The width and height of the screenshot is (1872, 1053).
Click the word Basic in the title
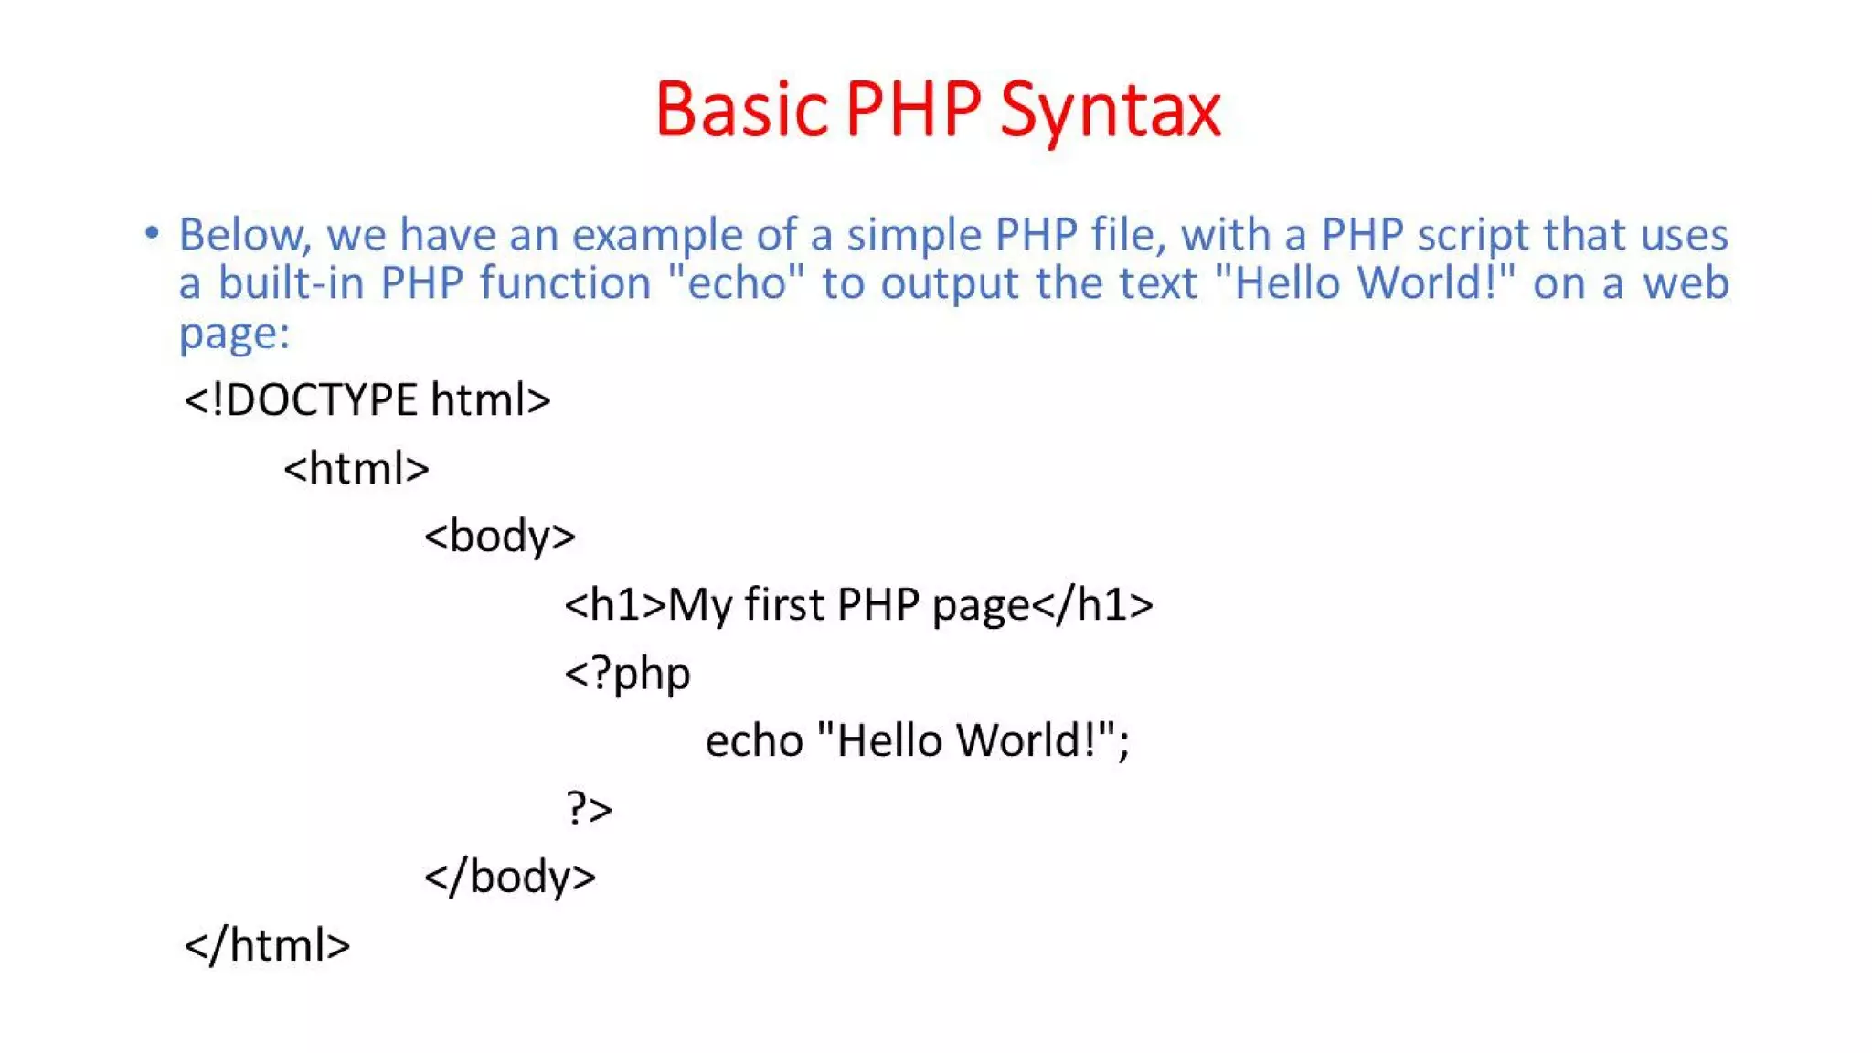740,110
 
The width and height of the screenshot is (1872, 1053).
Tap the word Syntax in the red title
1110,112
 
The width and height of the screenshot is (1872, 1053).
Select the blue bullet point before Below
152,233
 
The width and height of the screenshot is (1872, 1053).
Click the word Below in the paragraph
243,235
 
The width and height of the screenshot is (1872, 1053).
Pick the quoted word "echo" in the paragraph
737,282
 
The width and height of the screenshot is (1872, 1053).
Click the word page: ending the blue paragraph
234,334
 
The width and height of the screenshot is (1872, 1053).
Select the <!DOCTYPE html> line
367,400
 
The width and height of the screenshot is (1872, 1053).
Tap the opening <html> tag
356,469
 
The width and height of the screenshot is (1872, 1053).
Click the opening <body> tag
499,537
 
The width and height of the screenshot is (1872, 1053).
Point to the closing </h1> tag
1092,605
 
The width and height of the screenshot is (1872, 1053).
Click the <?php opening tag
627,675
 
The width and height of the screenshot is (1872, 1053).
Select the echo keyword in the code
754,740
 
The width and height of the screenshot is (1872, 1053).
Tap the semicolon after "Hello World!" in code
1123,744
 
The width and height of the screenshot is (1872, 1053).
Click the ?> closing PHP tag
589,809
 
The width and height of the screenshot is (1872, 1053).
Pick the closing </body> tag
509,877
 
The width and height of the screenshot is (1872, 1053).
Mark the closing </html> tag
267,945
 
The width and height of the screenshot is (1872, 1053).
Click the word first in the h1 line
784,605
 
